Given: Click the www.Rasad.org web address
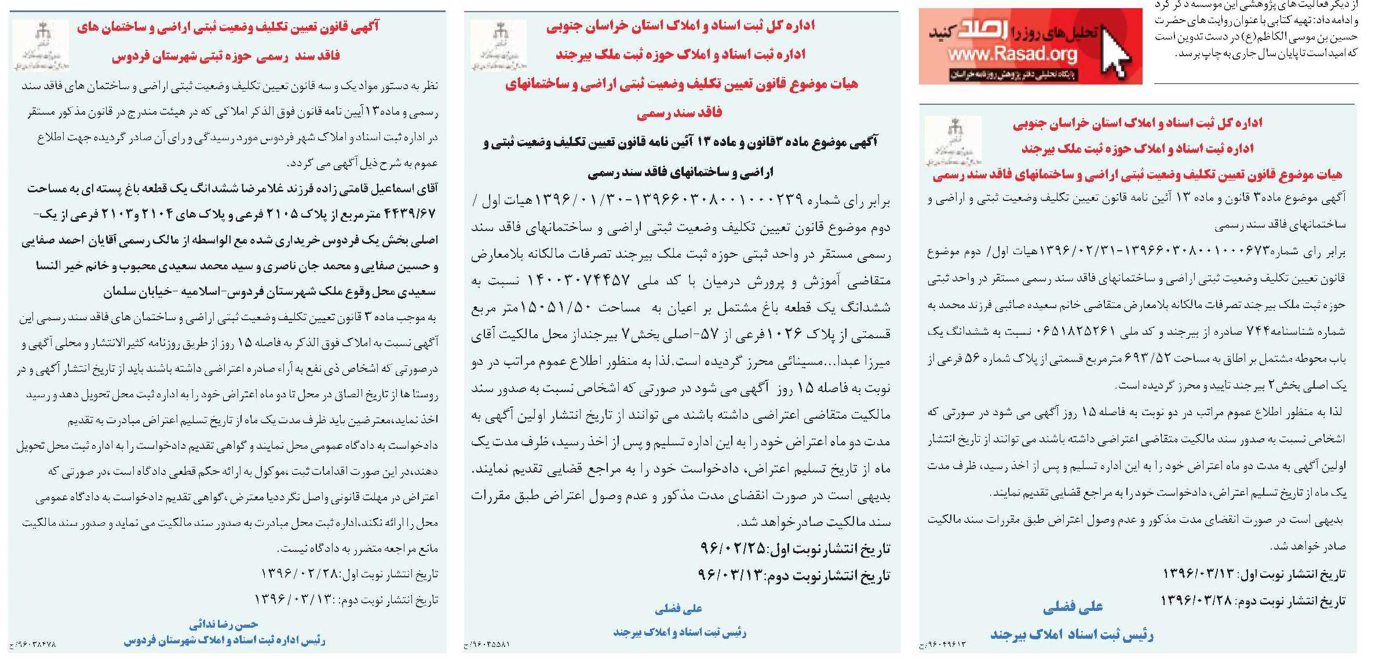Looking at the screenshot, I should coord(1012,55).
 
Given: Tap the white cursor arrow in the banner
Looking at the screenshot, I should coord(1114,51).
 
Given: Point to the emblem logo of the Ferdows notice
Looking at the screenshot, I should coord(41,45).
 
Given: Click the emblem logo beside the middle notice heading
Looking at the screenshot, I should coord(498,45).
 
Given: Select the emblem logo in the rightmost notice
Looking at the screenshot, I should coord(953,141).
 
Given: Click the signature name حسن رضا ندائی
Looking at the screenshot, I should coord(223,624).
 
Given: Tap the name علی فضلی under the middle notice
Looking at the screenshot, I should coord(678,608).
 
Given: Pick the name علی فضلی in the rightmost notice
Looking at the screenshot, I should coord(1072,607).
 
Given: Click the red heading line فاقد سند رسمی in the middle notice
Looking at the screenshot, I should coord(679,112).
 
